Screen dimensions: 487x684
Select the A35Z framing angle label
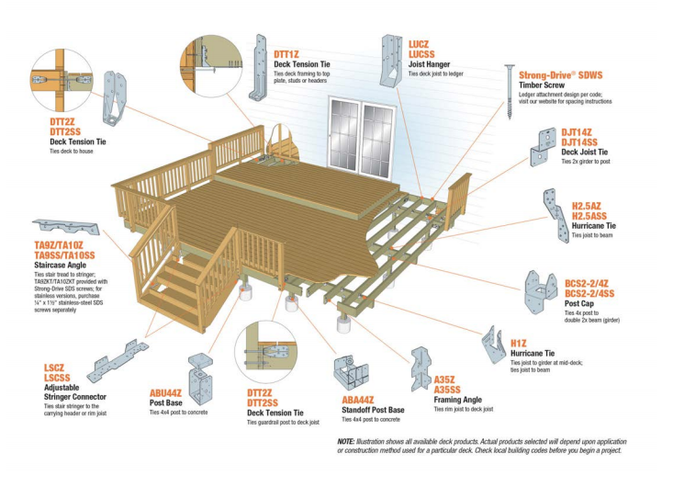445,378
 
